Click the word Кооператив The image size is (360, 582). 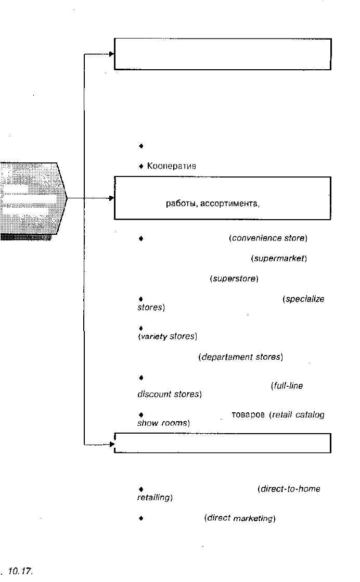[172, 166]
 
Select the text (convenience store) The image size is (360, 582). [268, 238]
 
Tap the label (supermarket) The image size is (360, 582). [279, 258]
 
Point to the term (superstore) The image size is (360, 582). [234, 279]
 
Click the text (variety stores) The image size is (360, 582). [168, 336]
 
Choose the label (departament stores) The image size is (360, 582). [241, 357]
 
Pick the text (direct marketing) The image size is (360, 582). [240, 518]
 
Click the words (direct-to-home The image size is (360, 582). [289, 489]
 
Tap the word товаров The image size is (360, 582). [248, 414]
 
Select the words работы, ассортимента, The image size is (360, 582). [213, 204]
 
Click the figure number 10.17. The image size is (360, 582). [20, 571]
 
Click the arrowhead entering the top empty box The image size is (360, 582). [112, 54]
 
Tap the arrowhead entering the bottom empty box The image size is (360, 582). [112, 444]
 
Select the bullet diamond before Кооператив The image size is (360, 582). [141, 166]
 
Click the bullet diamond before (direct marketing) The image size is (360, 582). [141, 518]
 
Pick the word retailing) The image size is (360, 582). [155, 497]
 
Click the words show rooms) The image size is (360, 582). [163, 423]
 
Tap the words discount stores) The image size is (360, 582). [170, 394]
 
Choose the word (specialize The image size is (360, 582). [303, 299]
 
